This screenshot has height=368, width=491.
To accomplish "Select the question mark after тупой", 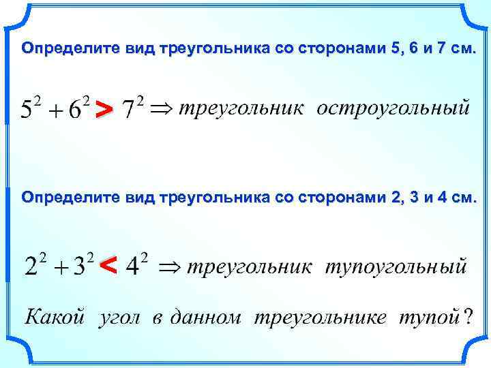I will (x=467, y=317).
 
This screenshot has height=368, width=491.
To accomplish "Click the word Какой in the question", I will (x=55, y=317).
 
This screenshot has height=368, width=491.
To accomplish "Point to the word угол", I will (x=120, y=318).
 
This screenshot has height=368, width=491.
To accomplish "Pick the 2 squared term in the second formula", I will (x=34, y=264).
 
